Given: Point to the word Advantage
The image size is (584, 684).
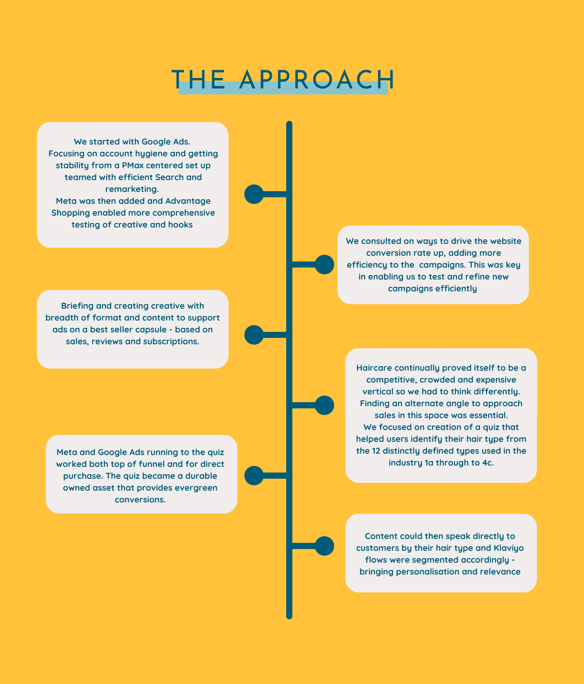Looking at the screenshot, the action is point(188,201).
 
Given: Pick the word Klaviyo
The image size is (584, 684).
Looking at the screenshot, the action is point(509,548).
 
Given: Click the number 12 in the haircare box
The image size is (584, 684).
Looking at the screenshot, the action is point(376,451).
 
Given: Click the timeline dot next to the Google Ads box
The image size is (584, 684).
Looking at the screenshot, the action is point(254,194).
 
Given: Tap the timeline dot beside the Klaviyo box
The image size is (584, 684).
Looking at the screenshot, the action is point(324,546).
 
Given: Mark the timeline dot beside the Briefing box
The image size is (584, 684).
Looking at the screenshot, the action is point(254,335).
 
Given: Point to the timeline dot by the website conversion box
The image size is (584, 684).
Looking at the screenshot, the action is point(324,265).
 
